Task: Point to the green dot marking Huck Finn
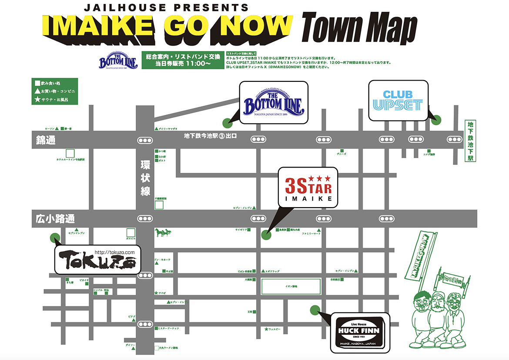pyautogui.click(x=313, y=310)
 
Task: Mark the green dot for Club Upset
pyautogui.click(x=436, y=120)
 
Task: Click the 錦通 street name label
pyautogui.click(x=46, y=141)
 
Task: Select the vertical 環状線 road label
pyautogui.click(x=145, y=178)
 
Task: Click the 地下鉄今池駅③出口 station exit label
pyautogui.click(x=210, y=136)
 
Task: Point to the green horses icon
pyautogui.click(x=163, y=233)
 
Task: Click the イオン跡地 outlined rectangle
pyautogui.click(x=291, y=286)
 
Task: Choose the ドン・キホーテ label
pyautogui.click(x=163, y=259)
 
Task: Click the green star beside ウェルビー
pyautogui.click(x=266, y=329)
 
